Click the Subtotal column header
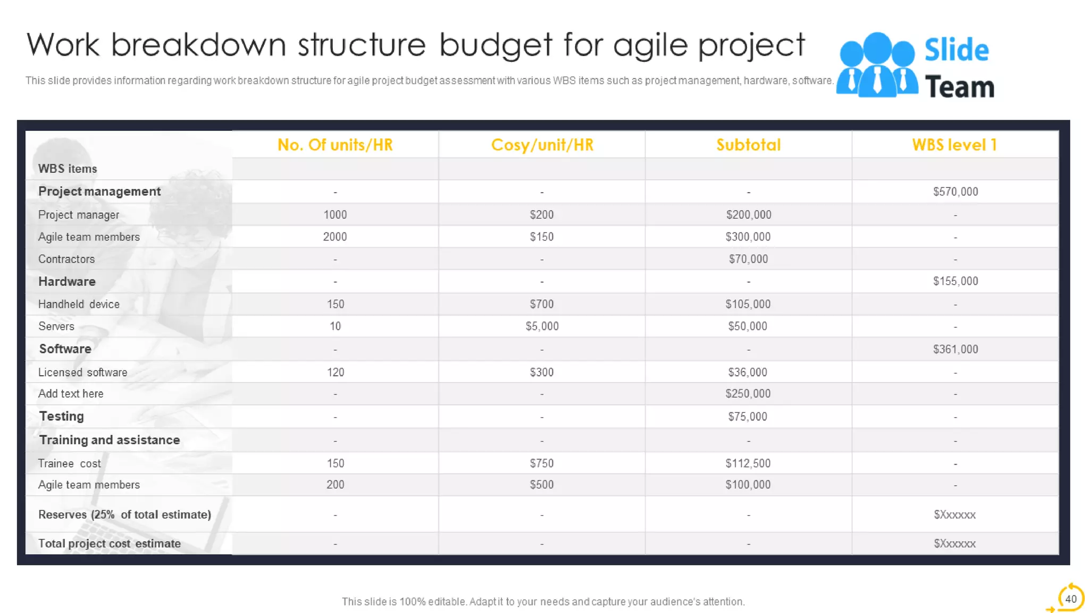(x=748, y=145)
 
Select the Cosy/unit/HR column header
(x=542, y=145)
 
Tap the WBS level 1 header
(x=954, y=145)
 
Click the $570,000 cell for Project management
(x=955, y=192)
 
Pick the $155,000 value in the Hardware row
(x=955, y=281)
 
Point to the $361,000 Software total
(x=955, y=349)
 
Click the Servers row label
(x=56, y=326)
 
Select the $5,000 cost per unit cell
(x=542, y=326)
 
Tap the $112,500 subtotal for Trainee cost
(x=748, y=463)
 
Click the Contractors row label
(x=66, y=259)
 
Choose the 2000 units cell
(x=335, y=237)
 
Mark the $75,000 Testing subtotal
(x=748, y=417)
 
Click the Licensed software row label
(x=82, y=372)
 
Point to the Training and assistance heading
(x=110, y=440)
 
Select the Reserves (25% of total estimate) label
(x=124, y=515)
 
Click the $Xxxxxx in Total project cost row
(x=954, y=544)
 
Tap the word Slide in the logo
(x=956, y=51)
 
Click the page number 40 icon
(x=1070, y=599)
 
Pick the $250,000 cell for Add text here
(x=748, y=394)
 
